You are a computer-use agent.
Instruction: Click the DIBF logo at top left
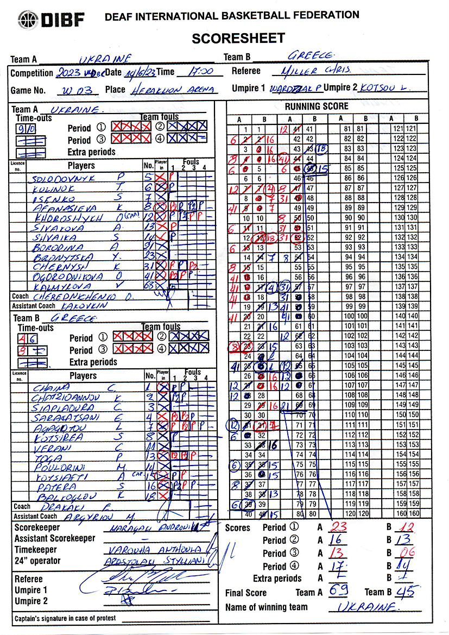[51, 20]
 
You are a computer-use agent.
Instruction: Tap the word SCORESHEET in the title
[238, 38]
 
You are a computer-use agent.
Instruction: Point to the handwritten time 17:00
[197, 72]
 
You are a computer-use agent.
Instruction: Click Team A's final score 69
[338, 590]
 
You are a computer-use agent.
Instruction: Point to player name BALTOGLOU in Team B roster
[59, 495]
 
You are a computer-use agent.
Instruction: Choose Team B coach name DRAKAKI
[54, 506]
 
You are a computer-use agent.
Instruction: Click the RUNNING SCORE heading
[317, 106]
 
